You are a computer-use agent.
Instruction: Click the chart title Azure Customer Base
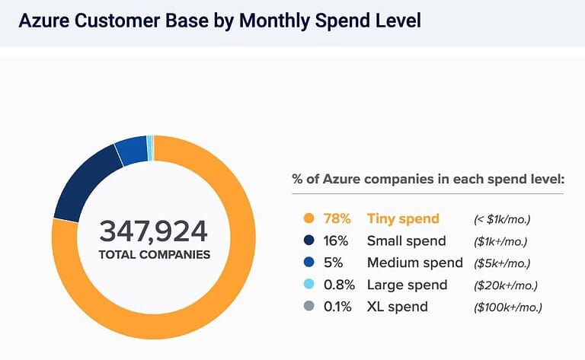(x=219, y=21)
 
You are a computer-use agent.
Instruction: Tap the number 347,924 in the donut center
(x=154, y=231)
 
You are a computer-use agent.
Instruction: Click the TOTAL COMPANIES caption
(x=154, y=254)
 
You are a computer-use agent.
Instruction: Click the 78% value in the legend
(x=337, y=219)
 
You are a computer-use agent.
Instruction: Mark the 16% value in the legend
(x=337, y=241)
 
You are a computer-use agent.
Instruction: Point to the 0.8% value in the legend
(x=338, y=285)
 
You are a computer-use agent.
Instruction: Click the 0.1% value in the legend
(x=337, y=307)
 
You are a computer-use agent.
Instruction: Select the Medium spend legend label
(x=414, y=263)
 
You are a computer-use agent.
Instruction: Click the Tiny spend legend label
(x=403, y=219)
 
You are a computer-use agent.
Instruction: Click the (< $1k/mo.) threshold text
(x=501, y=219)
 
